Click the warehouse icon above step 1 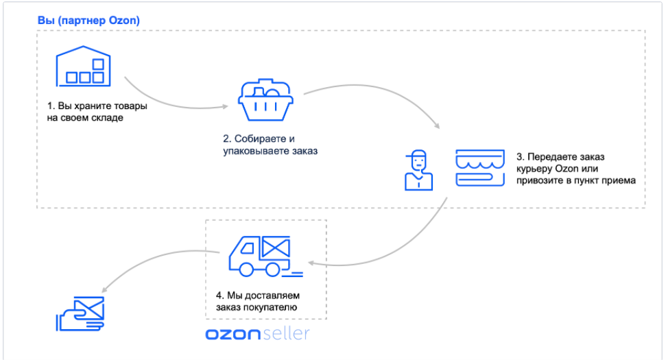point(82,67)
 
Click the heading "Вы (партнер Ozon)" point(88,21)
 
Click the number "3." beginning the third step point(520,156)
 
